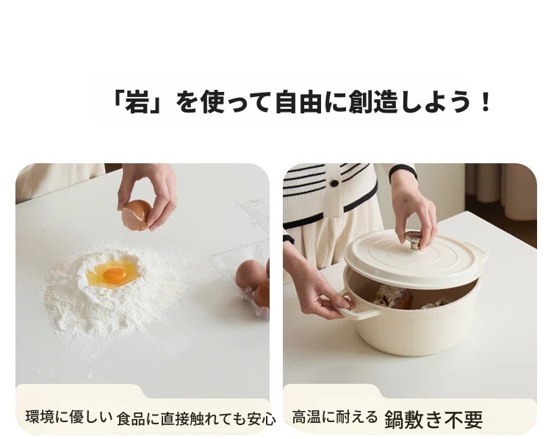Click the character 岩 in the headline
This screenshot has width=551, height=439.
[x=137, y=101]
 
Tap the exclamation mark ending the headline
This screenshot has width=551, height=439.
[x=486, y=101]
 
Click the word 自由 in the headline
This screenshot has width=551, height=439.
[x=298, y=101]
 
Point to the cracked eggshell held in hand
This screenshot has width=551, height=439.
[x=136, y=215]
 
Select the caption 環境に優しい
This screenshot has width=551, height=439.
[x=69, y=417]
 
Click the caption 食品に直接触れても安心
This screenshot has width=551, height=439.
[x=196, y=418]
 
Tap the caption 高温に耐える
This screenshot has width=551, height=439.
[x=335, y=417]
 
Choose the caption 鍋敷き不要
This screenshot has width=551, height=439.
[x=433, y=419]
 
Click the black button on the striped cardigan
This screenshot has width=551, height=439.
[x=334, y=183]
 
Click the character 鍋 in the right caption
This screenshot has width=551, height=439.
[x=395, y=419]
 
